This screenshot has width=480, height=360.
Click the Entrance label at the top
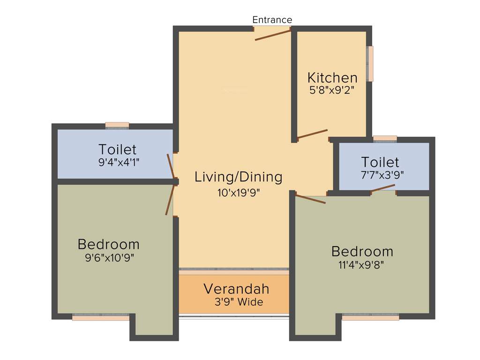[272, 20]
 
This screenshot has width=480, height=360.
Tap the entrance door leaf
[273, 34]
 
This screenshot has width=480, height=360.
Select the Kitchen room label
[332, 78]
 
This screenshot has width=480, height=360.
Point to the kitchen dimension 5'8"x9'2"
[331, 90]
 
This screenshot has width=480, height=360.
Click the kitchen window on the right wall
[370, 64]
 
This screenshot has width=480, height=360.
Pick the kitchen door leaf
[312, 134]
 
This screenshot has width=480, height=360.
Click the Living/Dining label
[239, 177]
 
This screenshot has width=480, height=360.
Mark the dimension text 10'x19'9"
[239, 193]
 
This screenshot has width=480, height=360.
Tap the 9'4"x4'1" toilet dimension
[117, 162]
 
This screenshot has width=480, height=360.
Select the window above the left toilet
[117, 125]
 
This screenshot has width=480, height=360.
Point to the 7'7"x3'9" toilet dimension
[380, 174]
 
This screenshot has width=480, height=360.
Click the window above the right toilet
[385, 138]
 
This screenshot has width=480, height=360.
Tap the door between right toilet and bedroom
[383, 188]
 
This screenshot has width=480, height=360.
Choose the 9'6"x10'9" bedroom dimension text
[108, 257]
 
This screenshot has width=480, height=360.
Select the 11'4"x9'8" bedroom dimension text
[362, 264]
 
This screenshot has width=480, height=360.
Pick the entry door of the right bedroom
[310, 199]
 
